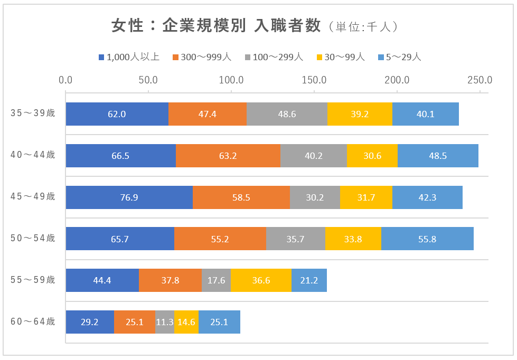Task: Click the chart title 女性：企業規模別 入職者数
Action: coord(217,26)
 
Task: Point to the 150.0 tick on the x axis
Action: coord(314,80)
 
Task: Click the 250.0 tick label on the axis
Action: coord(480,80)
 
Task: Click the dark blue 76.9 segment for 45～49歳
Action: coord(129,197)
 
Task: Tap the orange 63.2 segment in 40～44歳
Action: coord(228,155)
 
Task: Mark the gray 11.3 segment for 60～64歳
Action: coord(165,322)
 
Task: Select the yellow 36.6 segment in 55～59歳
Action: coord(261,280)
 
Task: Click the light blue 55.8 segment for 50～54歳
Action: coord(427,239)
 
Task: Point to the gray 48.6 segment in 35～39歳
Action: coord(287,113)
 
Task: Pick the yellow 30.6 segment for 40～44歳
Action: coord(372,155)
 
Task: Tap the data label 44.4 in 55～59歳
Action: coord(102,280)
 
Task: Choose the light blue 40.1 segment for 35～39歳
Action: coord(426,113)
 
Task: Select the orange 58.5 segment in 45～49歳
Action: coord(241,197)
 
